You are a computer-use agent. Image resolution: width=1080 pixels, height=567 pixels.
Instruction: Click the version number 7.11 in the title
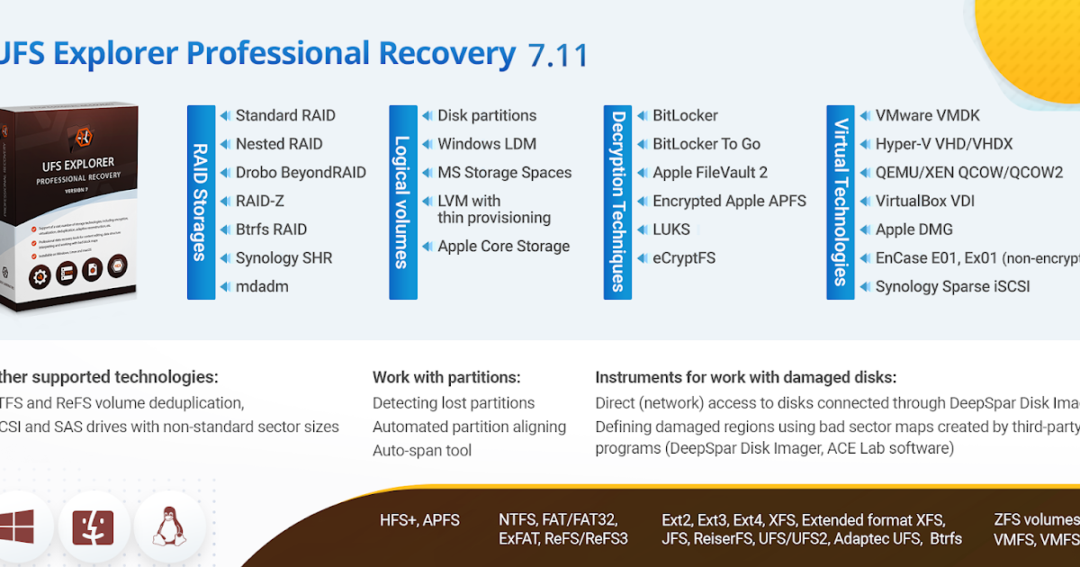click(x=558, y=55)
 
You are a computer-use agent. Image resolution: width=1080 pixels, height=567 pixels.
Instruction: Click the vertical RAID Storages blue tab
click(x=201, y=202)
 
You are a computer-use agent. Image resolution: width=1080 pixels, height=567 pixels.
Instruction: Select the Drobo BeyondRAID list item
click(x=300, y=173)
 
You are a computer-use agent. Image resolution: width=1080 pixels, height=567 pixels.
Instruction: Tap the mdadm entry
click(x=261, y=287)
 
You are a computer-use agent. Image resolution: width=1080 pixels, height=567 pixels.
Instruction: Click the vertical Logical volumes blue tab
click(x=402, y=202)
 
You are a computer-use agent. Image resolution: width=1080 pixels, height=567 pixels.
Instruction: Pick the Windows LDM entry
click(x=486, y=144)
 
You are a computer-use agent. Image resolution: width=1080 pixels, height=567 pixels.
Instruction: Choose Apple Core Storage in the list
click(x=503, y=247)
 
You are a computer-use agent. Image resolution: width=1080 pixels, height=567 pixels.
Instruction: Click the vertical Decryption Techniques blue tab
click(x=617, y=202)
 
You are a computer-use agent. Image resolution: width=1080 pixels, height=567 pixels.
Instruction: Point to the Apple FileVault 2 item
click(x=709, y=173)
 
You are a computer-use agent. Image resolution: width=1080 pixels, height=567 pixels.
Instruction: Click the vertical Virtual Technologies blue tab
click(x=841, y=202)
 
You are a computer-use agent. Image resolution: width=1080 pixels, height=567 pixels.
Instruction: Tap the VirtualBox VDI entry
click(x=924, y=202)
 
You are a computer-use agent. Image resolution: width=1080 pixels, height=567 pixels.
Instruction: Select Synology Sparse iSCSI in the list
click(x=952, y=287)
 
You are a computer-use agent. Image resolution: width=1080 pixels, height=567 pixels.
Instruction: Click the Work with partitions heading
click(x=446, y=378)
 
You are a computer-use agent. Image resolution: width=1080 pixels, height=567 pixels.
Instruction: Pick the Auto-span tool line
click(x=422, y=451)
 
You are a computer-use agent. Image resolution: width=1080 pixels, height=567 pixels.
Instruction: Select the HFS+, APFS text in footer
click(x=419, y=520)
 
